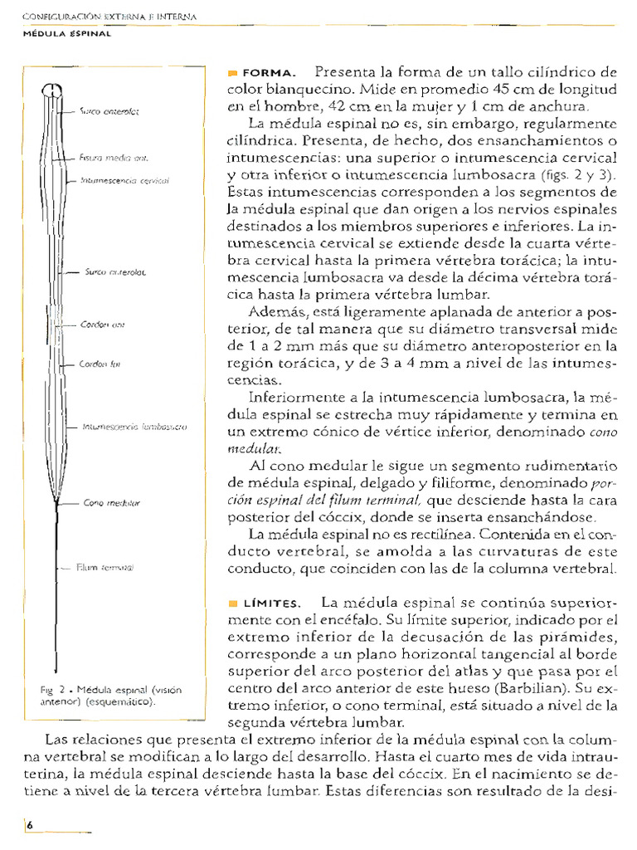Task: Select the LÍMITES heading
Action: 268,602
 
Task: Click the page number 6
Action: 29,825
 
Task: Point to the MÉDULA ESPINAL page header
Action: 66,33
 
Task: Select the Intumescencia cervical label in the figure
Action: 124,179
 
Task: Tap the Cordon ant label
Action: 103,325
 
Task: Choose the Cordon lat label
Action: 100,364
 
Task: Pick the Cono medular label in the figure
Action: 112,503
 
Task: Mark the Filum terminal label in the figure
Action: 105,568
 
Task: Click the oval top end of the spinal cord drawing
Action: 52,91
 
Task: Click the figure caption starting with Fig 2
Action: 109,695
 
